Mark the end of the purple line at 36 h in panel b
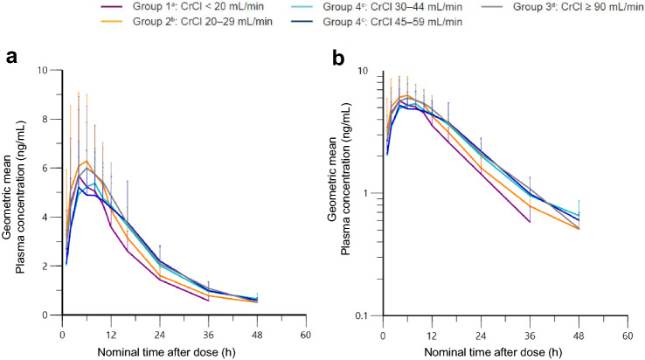pyautogui.click(x=530, y=222)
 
